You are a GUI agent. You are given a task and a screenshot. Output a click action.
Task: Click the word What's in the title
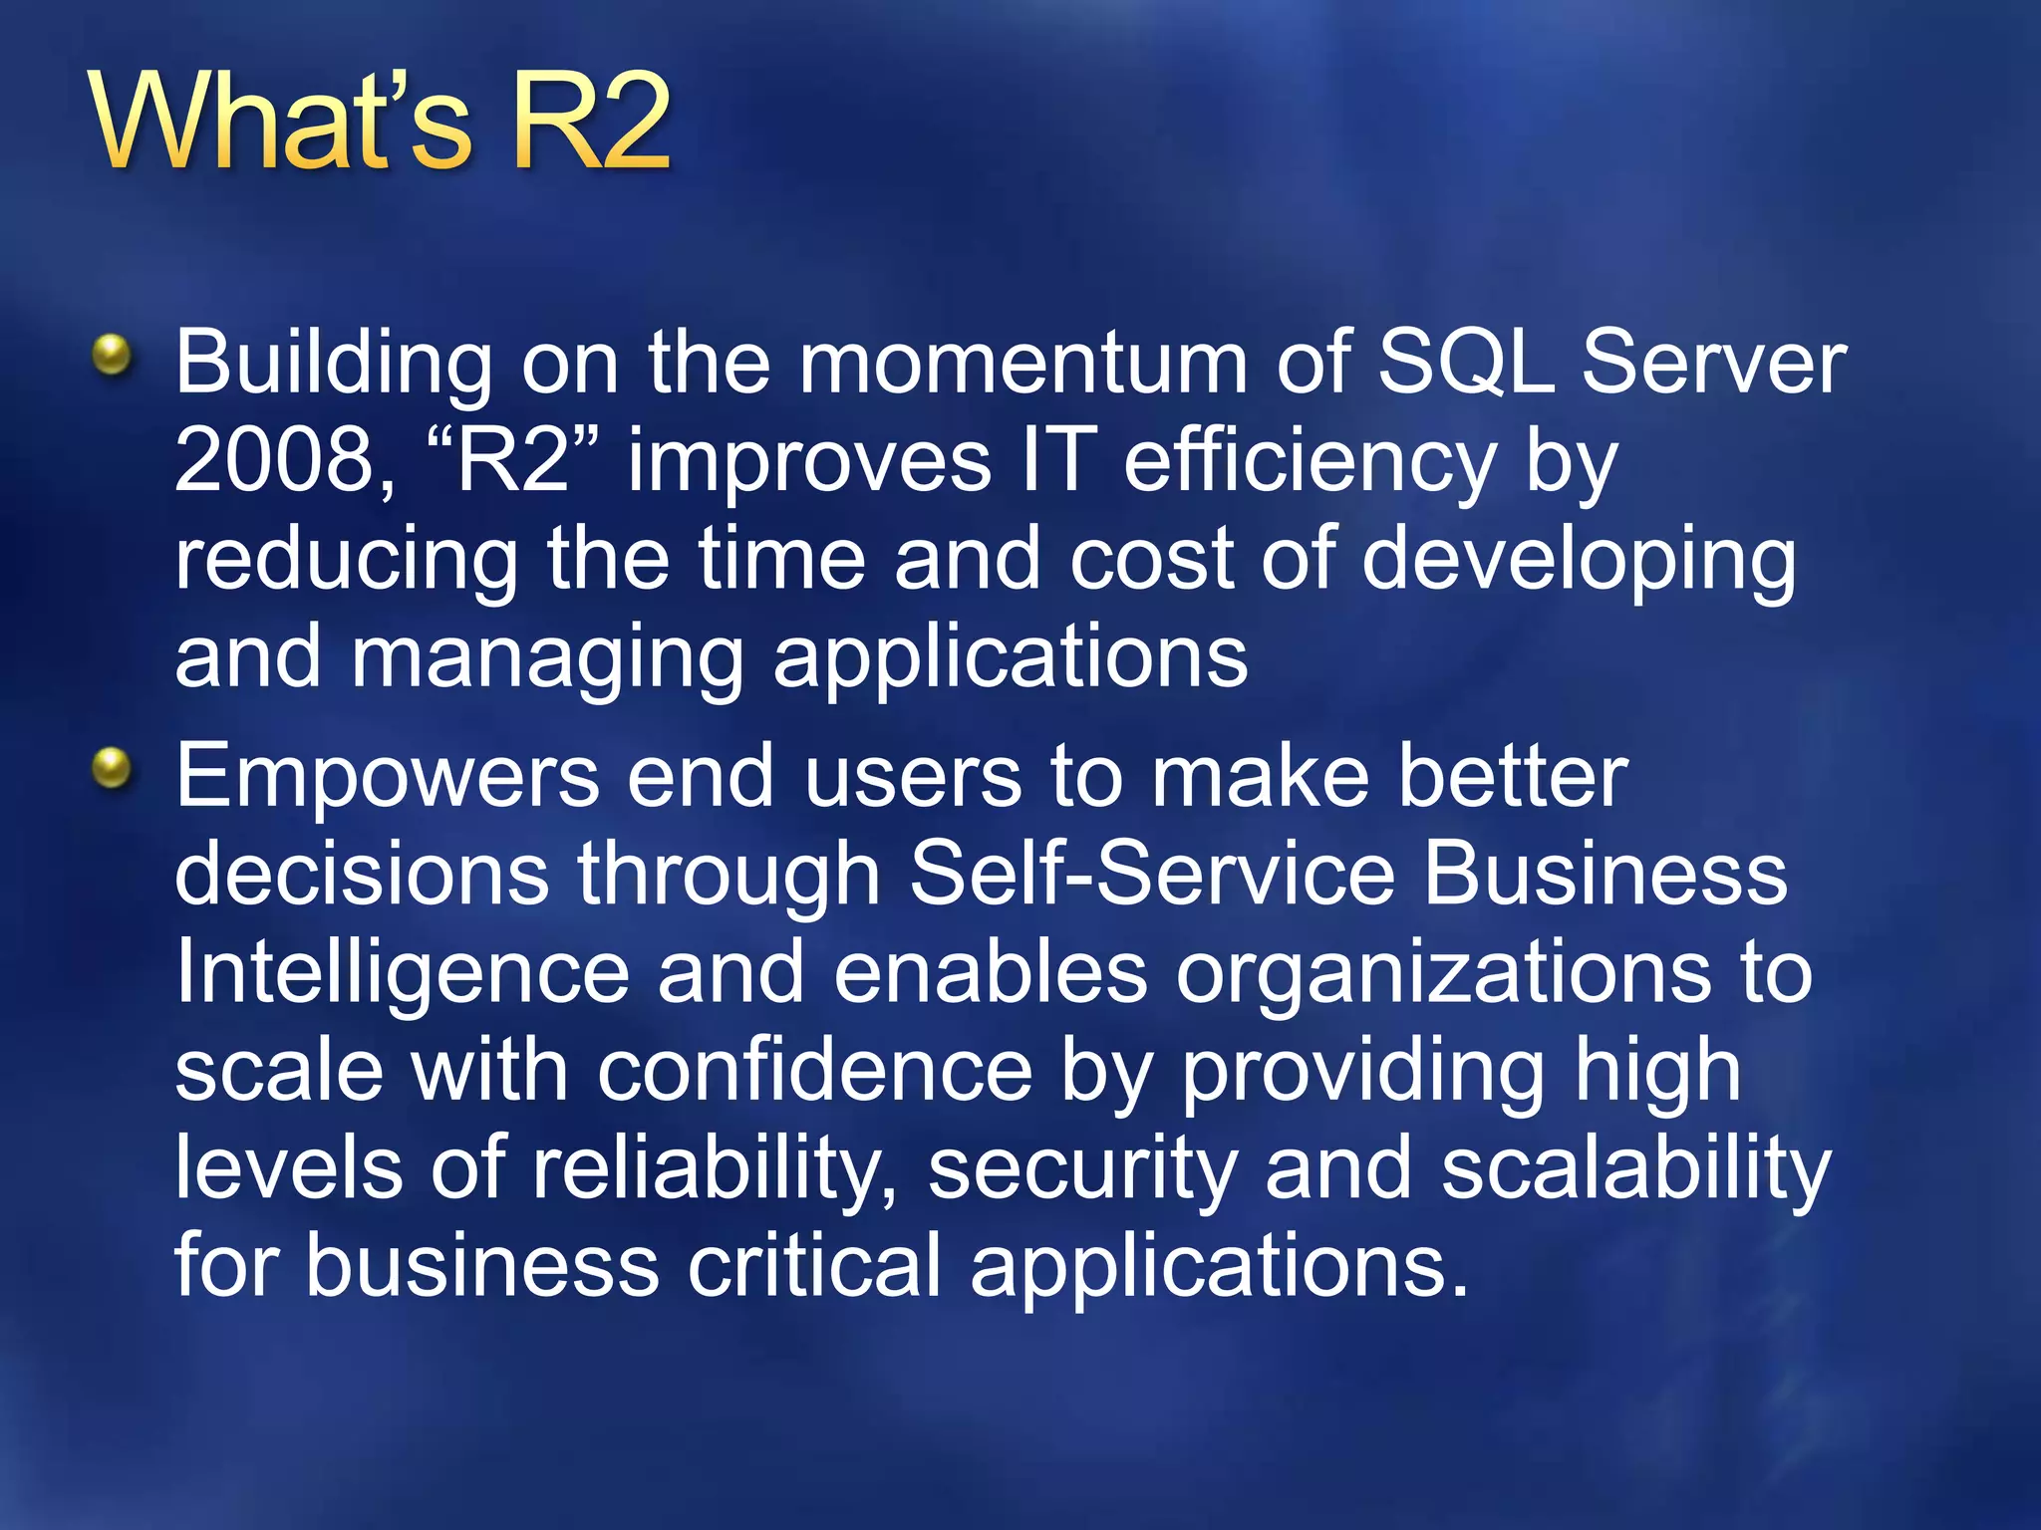click(x=279, y=122)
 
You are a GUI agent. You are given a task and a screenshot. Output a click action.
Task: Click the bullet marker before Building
click(x=112, y=355)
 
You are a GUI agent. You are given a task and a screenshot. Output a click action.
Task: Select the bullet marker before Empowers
click(x=112, y=768)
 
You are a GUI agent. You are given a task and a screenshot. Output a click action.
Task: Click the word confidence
click(x=815, y=1072)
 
